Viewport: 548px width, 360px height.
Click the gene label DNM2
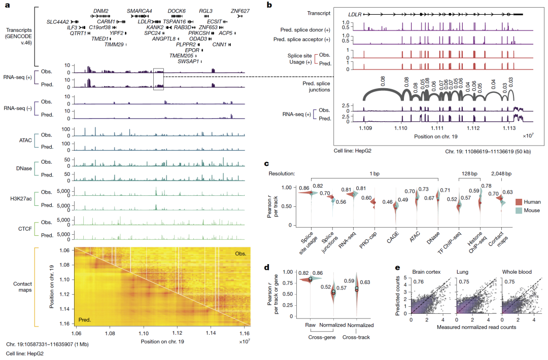click(101, 11)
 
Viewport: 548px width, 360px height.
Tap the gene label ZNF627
click(240, 11)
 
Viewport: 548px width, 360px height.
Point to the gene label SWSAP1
click(188, 61)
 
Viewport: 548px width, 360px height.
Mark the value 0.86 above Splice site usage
click(304, 188)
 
